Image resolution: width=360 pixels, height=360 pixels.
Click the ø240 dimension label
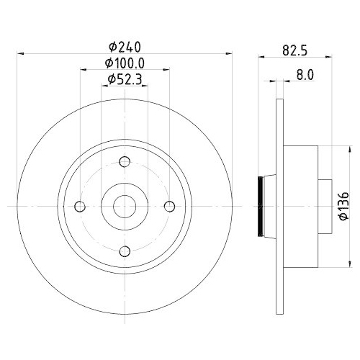pos(124,46)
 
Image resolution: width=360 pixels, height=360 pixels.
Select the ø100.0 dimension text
pos(124,63)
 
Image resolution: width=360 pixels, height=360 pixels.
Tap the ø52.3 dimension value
pos(124,79)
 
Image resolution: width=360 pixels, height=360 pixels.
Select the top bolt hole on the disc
pos(125,162)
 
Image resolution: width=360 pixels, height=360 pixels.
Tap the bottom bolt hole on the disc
pos(125,251)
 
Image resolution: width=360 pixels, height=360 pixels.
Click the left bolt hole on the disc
pos(80,207)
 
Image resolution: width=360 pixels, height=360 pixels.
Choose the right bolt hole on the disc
pos(170,207)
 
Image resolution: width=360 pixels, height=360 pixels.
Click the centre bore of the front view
pos(125,207)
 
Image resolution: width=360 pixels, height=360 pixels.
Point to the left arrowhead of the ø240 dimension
pos(19,53)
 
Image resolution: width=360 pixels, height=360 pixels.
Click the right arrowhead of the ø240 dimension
pos(229,53)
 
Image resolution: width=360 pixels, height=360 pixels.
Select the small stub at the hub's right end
pos(323,207)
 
